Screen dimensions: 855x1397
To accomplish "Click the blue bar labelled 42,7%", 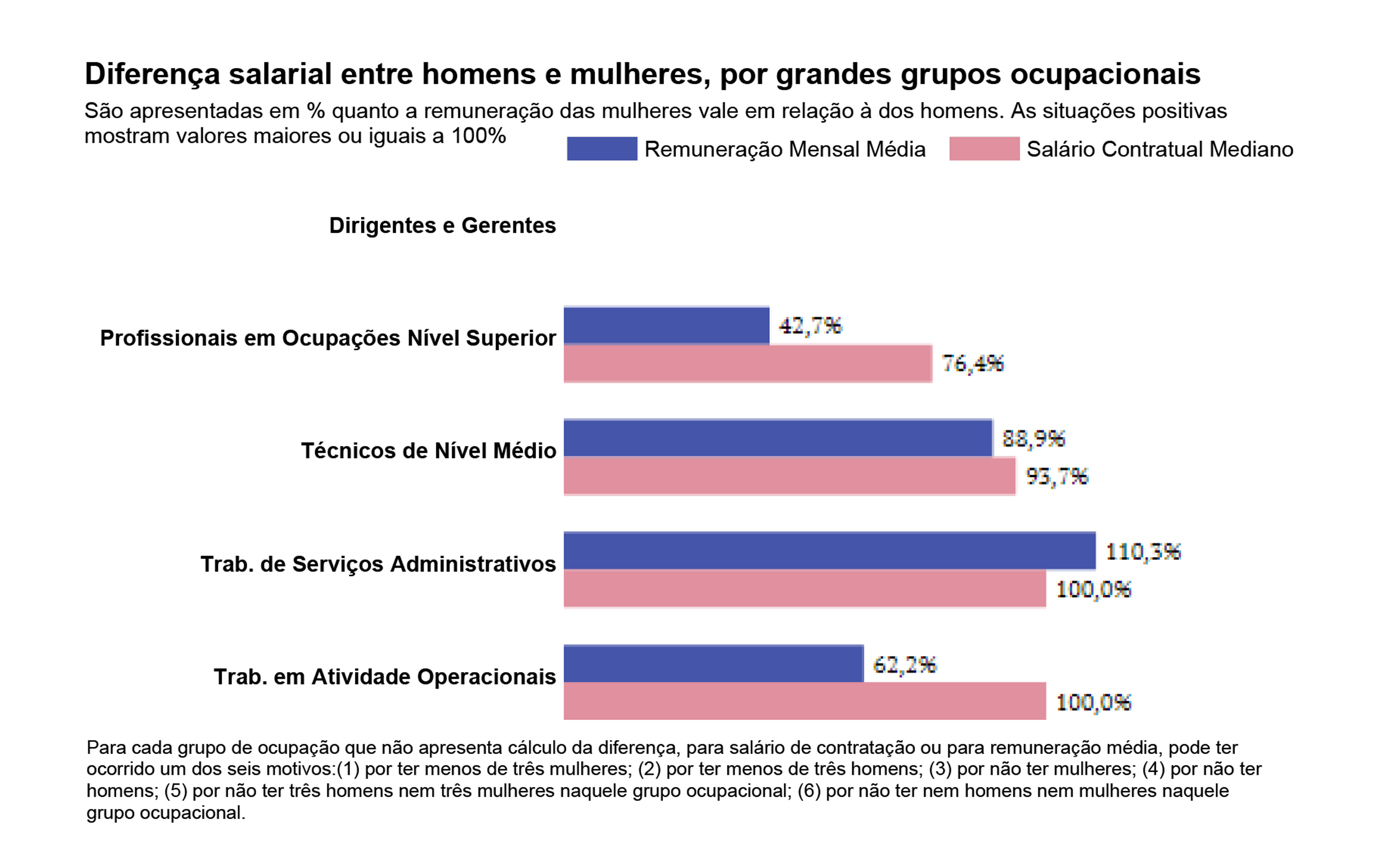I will click(666, 326).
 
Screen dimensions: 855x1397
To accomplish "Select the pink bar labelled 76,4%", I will click(747, 363).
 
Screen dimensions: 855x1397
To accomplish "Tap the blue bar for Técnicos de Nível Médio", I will click(778, 438).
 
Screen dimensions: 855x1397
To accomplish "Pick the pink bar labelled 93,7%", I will click(789, 476).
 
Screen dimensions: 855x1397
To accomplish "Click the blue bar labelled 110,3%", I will click(829, 551).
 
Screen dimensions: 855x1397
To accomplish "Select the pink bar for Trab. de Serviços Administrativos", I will click(805, 589).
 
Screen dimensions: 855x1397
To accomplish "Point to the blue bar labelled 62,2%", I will click(713, 664).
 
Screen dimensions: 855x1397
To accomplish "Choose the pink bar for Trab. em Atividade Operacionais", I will click(805, 701).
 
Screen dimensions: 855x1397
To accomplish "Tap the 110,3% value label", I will click(1143, 551).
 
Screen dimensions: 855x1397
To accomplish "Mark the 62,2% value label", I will click(905, 665).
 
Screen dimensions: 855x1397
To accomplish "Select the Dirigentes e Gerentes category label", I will click(442, 226).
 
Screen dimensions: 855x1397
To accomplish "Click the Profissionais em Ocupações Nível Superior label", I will click(328, 338).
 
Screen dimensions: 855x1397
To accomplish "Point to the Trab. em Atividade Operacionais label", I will click(384, 677).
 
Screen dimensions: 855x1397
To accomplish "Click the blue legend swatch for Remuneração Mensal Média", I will click(602, 148).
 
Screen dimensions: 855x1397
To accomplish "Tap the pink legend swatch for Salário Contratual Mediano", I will click(984, 148).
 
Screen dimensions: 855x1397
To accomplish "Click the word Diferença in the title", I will click(151, 74).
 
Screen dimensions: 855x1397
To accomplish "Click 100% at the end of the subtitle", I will click(478, 136).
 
